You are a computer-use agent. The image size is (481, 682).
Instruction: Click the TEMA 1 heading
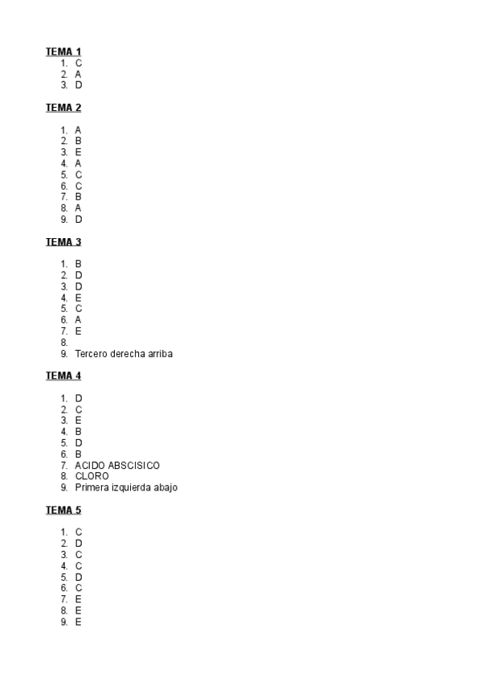coord(63,51)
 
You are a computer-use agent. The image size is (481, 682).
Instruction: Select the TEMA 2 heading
coord(63,108)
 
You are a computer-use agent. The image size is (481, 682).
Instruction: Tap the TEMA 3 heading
coord(63,242)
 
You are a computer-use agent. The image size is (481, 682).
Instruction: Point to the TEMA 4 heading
coord(63,376)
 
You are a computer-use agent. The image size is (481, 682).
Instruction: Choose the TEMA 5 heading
coord(63,510)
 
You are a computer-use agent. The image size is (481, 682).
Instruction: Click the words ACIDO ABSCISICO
coord(117,466)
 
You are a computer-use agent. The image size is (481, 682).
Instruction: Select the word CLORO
coord(92,476)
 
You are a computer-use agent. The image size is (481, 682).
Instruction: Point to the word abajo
coord(165,487)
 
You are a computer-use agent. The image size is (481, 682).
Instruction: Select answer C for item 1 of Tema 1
coord(79,63)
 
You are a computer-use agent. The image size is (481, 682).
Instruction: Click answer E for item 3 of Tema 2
coord(79,152)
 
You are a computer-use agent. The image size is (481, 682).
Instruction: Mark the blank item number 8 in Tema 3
coord(63,343)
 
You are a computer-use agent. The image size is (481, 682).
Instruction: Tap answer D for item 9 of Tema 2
coord(79,219)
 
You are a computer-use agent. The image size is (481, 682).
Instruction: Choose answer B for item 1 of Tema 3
coord(79,264)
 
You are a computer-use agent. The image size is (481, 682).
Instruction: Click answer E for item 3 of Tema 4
coord(79,421)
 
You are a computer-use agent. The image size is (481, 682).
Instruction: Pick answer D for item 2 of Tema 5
coord(79,544)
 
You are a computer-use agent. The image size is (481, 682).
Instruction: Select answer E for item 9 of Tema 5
coord(79,622)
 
